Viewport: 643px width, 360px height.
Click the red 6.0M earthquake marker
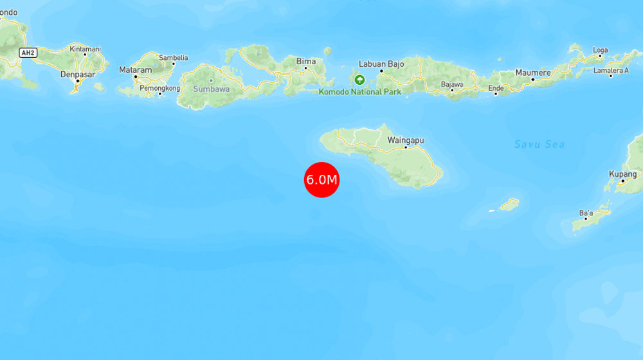(x=321, y=180)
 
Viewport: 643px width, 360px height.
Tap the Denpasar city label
(x=78, y=74)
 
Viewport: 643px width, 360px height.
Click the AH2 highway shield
(x=28, y=53)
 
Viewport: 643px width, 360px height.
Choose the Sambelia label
(x=174, y=57)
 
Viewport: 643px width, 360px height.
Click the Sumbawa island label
(x=211, y=89)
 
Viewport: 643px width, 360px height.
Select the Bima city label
(x=306, y=62)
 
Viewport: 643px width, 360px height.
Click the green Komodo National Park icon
(x=359, y=80)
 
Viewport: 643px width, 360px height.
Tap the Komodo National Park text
(x=360, y=92)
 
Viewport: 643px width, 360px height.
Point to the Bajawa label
(x=452, y=84)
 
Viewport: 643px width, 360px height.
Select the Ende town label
(x=496, y=87)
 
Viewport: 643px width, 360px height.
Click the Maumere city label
(x=532, y=73)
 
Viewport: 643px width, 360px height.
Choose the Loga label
(x=600, y=50)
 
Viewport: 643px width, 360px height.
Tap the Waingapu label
(x=405, y=140)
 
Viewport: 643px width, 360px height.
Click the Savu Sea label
(x=539, y=144)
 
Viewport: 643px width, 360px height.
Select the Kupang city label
(x=623, y=174)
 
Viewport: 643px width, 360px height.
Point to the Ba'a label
(x=586, y=212)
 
